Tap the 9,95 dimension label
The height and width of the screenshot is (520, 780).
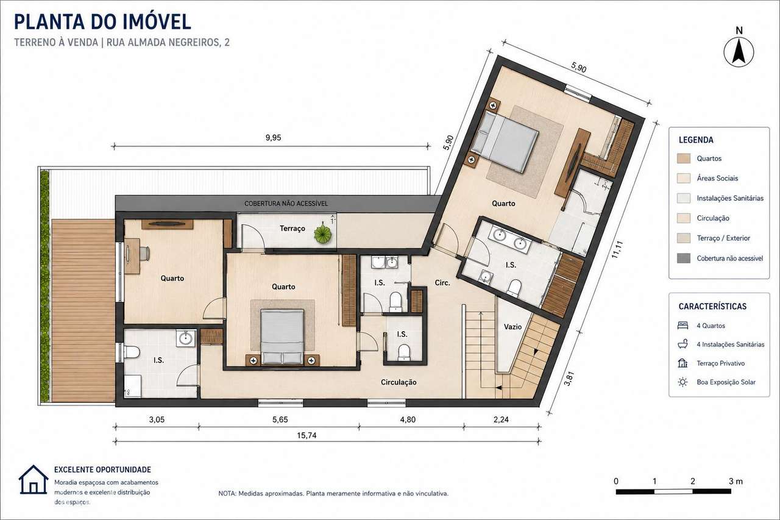(273, 138)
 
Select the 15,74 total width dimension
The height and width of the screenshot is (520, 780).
(307, 435)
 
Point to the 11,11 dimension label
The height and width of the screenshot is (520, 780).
(617, 249)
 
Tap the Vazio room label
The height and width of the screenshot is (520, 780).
(512, 327)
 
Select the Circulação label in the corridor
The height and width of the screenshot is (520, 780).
(399, 382)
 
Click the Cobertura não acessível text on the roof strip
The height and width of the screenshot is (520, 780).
(286, 204)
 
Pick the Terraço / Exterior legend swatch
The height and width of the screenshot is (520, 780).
(684, 238)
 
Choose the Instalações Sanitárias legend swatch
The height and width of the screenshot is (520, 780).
(684, 198)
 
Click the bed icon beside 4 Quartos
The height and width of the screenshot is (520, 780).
(683, 326)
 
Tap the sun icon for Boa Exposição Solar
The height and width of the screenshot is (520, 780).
(683, 382)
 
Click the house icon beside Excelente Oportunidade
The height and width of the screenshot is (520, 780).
(34, 480)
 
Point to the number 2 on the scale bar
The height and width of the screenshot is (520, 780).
(693, 482)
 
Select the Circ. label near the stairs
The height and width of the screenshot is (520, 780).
(442, 283)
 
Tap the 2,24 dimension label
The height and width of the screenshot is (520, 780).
(501, 419)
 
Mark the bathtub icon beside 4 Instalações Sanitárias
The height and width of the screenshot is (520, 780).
(683, 344)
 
